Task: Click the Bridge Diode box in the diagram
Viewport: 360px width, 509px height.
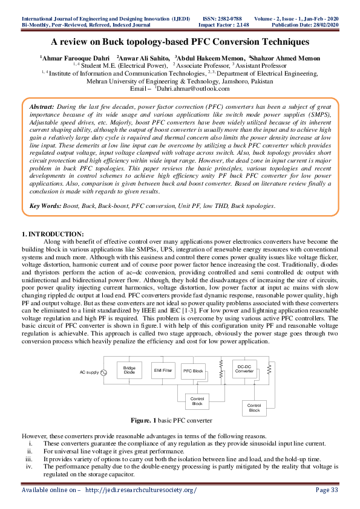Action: (x=129, y=371)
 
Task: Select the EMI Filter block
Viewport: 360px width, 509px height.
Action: (x=162, y=370)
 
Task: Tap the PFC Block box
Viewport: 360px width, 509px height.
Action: (x=193, y=370)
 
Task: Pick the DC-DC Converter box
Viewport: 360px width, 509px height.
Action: (x=244, y=368)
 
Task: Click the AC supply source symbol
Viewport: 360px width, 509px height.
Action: (x=103, y=372)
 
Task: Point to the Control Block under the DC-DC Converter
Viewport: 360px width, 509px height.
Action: (x=254, y=407)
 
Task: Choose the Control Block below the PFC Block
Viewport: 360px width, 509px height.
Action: (x=197, y=401)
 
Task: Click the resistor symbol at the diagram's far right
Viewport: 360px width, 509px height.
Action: (x=271, y=367)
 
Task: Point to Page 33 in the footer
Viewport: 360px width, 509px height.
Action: (x=327, y=489)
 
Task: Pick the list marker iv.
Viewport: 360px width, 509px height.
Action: (x=29, y=467)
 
